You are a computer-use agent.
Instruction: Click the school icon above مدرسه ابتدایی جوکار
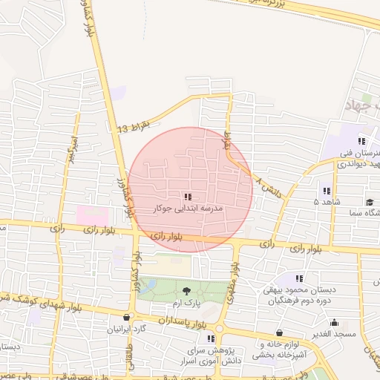coord(188,197)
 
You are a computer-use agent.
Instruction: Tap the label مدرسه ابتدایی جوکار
coord(188,209)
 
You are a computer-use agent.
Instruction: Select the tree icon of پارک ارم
coord(186,289)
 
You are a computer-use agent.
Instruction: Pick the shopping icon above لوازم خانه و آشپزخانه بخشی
coord(279,332)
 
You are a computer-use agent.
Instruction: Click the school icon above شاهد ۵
coord(327,191)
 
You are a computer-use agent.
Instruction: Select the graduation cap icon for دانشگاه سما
coord(370,202)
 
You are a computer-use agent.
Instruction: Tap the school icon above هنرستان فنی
coord(361,140)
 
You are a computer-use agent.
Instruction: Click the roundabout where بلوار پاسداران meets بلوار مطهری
coord(218,327)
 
